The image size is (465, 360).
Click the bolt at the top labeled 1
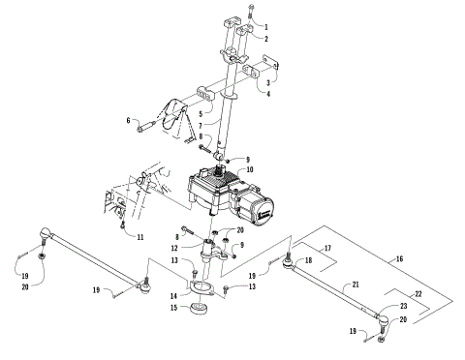click(x=251, y=12)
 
